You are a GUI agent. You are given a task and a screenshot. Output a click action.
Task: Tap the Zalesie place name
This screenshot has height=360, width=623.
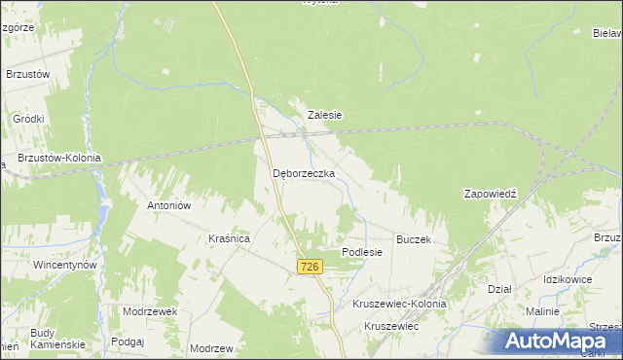click(325, 115)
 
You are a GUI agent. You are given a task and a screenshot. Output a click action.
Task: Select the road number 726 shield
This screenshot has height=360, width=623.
click(310, 267)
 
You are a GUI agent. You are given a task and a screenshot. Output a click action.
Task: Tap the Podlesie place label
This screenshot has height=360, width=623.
click(362, 252)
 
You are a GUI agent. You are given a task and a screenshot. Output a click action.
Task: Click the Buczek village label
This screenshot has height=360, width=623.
click(414, 238)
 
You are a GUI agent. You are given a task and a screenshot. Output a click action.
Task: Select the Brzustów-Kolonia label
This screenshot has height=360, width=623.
click(59, 158)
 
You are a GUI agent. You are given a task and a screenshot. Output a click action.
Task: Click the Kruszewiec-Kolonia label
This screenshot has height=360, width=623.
click(399, 304)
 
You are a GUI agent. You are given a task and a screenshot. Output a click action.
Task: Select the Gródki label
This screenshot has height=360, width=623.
click(29, 119)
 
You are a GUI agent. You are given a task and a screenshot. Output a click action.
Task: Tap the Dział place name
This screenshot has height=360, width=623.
click(499, 289)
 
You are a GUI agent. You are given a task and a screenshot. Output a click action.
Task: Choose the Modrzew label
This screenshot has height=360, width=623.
click(212, 348)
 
